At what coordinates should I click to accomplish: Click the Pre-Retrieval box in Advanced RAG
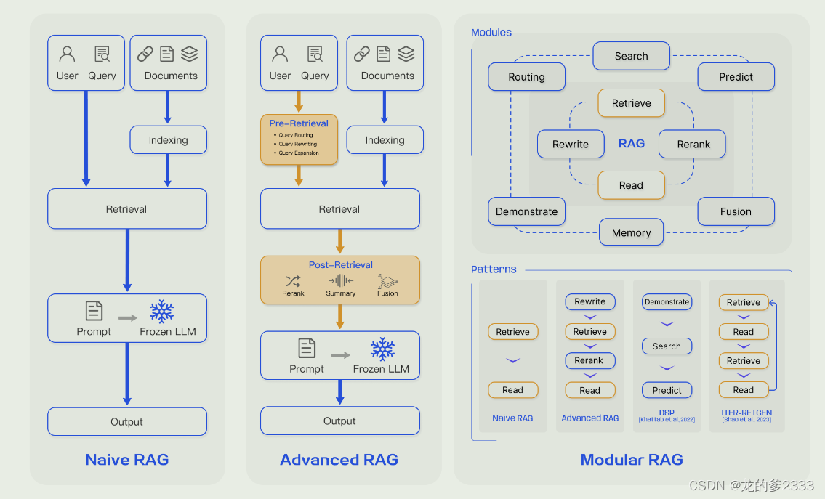pyautogui.click(x=299, y=139)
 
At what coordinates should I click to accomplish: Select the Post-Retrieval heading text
pyautogui.click(x=340, y=265)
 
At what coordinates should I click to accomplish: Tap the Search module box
pyautogui.click(x=631, y=56)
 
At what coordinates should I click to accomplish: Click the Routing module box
pyautogui.click(x=526, y=77)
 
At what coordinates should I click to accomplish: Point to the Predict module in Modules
pyautogui.click(x=736, y=77)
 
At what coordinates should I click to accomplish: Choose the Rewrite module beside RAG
pyautogui.click(x=571, y=144)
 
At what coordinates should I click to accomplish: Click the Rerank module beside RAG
pyautogui.click(x=693, y=144)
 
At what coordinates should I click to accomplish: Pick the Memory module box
pyautogui.click(x=631, y=233)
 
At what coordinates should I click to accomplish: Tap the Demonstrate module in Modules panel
pyautogui.click(x=526, y=211)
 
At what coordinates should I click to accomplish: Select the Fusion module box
pyautogui.click(x=736, y=211)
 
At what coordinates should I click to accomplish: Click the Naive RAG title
pyautogui.click(x=127, y=460)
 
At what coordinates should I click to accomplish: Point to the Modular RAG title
pyautogui.click(x=632, y=460)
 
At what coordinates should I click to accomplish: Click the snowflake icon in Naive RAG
pyautogui.click(x=161, y=312)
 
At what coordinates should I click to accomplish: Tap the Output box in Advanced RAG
pyautogui.click(x=339, y=421)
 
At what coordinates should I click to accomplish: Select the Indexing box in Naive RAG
pyautogui.click(x=168, y=140)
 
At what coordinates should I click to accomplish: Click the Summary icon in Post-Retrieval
pyautogui.click(x=340, y=281)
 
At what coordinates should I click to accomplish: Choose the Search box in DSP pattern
pyautogui.click(x=667, y=346)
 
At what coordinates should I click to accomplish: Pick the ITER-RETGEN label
pyautogui.click(x=747, y=413)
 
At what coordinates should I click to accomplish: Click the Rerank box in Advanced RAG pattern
pyautogui.click(x=589, y=360)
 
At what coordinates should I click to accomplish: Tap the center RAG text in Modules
pyautogui.click(x=631, y=144)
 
